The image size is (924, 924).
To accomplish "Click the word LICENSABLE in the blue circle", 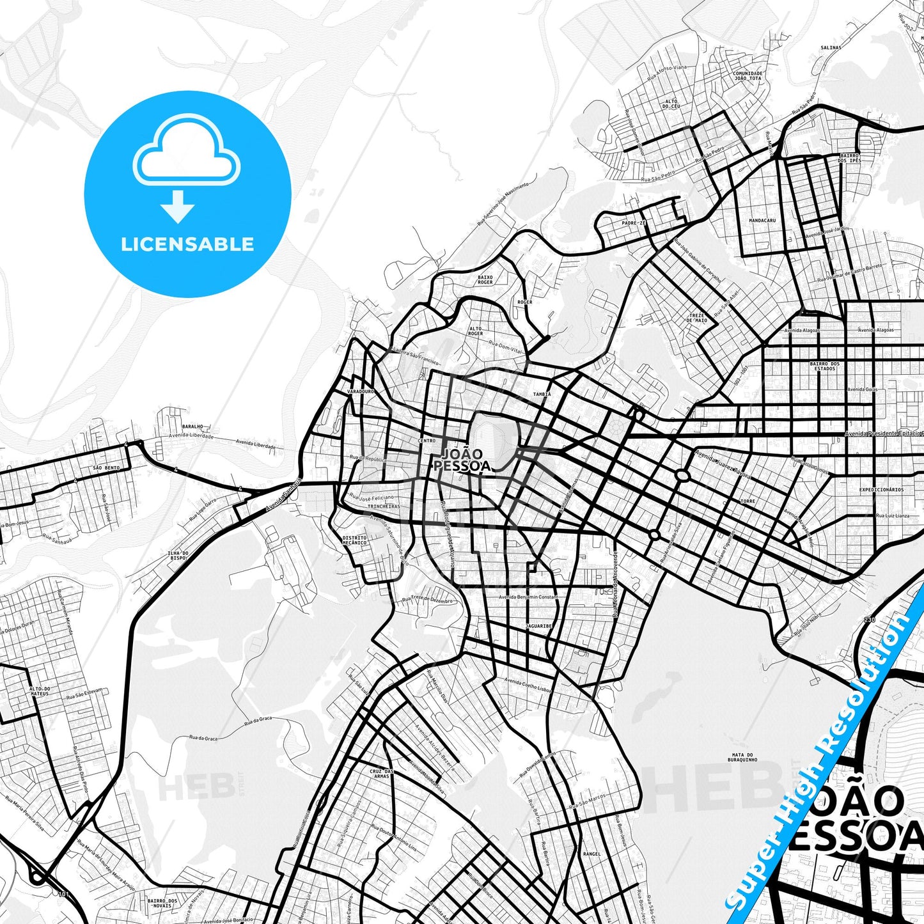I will coord(187,244).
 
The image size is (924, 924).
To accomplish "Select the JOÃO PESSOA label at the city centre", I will coord(462,460).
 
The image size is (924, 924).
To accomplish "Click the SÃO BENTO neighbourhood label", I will coord(106,468).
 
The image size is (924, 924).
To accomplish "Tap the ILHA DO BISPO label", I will coord(177,555).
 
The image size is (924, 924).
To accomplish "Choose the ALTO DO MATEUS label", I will coord(40,691).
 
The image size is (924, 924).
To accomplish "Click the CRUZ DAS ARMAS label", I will coord(382,774).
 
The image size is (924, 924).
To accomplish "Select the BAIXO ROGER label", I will coord(485,279).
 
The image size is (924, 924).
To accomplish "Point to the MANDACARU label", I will coord(762,221).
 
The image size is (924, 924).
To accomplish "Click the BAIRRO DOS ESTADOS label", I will coord(825,366).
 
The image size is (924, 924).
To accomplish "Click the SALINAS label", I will coord(831,47).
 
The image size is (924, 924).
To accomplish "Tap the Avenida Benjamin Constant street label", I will coord(528,597).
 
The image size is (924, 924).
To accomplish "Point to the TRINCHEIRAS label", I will coord(384,506).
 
